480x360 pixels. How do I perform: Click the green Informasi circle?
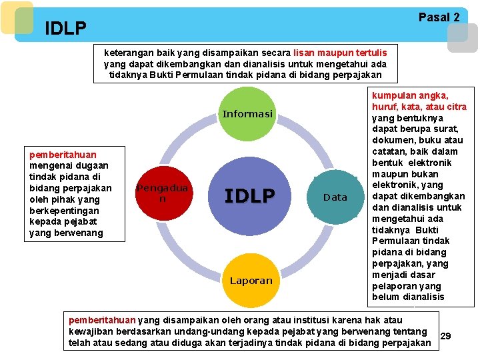[248, 114]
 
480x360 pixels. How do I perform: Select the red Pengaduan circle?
[163, 193]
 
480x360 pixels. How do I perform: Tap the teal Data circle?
[335, 197]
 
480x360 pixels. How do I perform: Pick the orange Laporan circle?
[251, 280]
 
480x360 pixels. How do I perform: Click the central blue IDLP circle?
[249, 195]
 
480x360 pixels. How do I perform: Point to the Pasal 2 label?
[439, 17]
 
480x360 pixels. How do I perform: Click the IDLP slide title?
[65, 28]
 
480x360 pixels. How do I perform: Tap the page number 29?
[446, 336]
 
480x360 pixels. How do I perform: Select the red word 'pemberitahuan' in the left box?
[63, 154]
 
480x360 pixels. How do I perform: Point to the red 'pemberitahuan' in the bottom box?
[102, 321]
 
